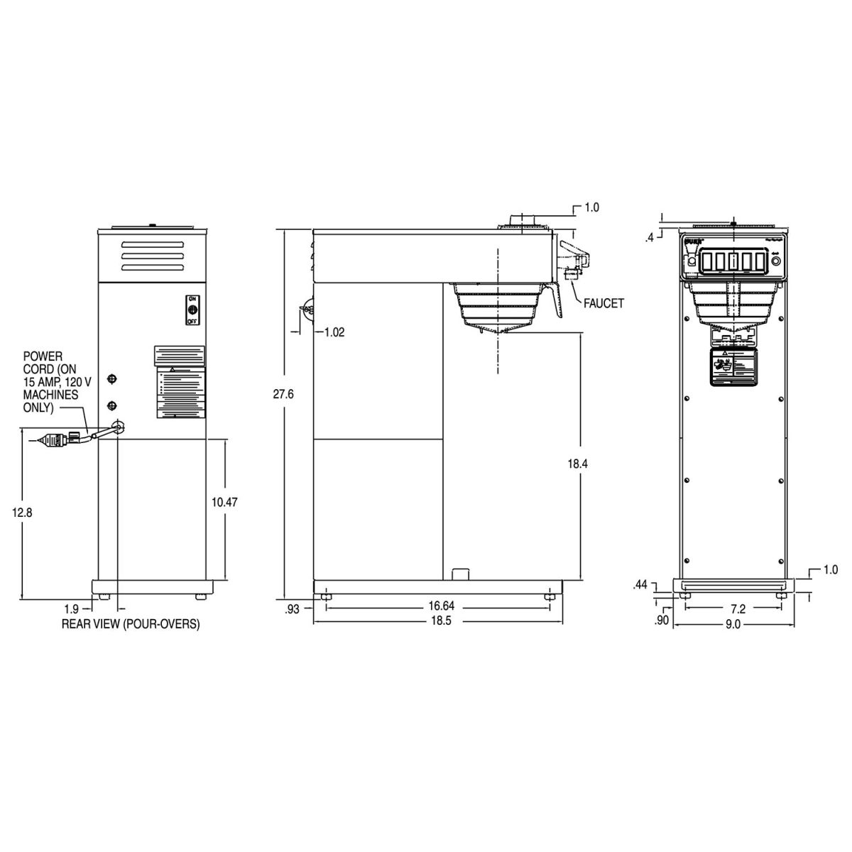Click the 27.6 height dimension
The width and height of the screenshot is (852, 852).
tap(283, 394)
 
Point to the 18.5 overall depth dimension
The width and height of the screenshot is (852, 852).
tap(439, 620)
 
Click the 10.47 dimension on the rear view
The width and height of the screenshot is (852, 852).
tap(224, 501)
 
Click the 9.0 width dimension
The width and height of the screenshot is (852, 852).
tap(732, 624)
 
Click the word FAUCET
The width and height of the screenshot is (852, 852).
tap(603, 303)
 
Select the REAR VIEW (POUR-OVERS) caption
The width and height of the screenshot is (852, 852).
tap(131, 624)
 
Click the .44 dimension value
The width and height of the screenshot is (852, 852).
tap(641, 585)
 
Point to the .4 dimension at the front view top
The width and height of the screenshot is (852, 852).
tap(649, 238)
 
